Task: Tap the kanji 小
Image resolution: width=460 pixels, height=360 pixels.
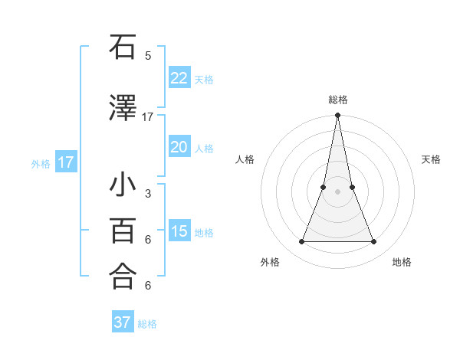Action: pos(123,186)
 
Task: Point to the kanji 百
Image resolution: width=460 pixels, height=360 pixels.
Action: pos(123,231)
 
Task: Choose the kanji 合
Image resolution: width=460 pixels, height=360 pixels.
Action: pos(123,277)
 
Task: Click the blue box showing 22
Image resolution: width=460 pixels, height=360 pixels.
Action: pos(179,78)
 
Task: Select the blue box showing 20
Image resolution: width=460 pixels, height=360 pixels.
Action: pos(179,147)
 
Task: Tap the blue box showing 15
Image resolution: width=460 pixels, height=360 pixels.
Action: pos(179,231)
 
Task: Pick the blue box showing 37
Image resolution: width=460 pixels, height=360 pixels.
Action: pos(122,322)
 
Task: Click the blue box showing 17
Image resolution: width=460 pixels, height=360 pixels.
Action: pos(65,162)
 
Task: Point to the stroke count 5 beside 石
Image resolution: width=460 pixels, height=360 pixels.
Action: pos(148,55)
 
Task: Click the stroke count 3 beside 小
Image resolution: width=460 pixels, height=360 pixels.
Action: pos(148,194)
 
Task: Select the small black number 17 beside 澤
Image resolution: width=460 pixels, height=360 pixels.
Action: pos(148,117)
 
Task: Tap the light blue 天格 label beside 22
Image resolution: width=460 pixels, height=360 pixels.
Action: pos(204,79)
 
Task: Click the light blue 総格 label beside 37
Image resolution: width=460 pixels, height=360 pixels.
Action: pos(147,323)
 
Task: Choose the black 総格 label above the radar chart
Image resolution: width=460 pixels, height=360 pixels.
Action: pos(337,100)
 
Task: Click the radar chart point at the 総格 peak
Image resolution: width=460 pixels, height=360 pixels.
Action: pos(337,116)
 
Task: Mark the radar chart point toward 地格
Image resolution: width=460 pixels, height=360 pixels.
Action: pos(374,242)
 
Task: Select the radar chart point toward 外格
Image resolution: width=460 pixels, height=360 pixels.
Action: pos(301,242)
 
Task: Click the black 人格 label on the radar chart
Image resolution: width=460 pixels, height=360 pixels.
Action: pos(245,159)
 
